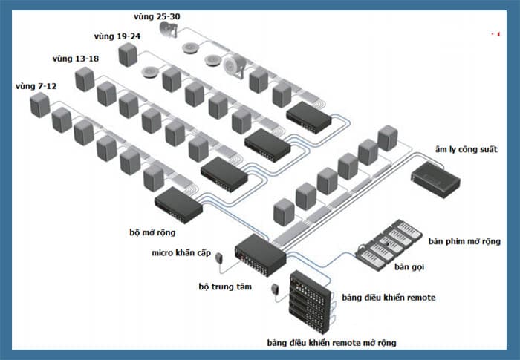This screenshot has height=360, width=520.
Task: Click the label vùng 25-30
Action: [x=157, y=16]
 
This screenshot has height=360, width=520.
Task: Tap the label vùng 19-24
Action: [x=117, y=36]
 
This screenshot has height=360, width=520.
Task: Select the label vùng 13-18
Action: [x=76, y=59]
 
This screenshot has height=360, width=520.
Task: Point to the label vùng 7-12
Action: [x=36, y=86]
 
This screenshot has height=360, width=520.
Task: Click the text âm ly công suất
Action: [x=467, y=150]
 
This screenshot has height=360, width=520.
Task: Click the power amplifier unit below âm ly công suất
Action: [x=435, y=180]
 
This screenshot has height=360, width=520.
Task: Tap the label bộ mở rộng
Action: [x=152, y=232]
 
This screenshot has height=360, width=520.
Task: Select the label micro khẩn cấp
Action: [x=181, y=253]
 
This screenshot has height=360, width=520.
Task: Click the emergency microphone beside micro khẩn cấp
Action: [x=219, y=258]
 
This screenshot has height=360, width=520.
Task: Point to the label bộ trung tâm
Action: [x=225, y=287]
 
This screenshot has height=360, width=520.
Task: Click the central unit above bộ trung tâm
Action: [x=260, y=255]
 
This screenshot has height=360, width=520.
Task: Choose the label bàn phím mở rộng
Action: [x=464, y=241]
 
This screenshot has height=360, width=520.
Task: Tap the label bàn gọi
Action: [x=409, y=267]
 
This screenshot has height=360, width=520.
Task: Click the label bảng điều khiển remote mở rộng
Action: [x=331, y=343]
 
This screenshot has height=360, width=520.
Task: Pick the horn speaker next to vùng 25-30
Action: [x=169, y=29]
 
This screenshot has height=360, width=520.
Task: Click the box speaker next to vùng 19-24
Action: [x=128, y=54]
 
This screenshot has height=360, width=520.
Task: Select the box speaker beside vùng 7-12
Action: [x=40, y=105]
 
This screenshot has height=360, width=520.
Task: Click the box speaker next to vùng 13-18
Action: [x=85, y=79]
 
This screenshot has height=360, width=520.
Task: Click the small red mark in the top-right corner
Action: [x=496, y=34]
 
